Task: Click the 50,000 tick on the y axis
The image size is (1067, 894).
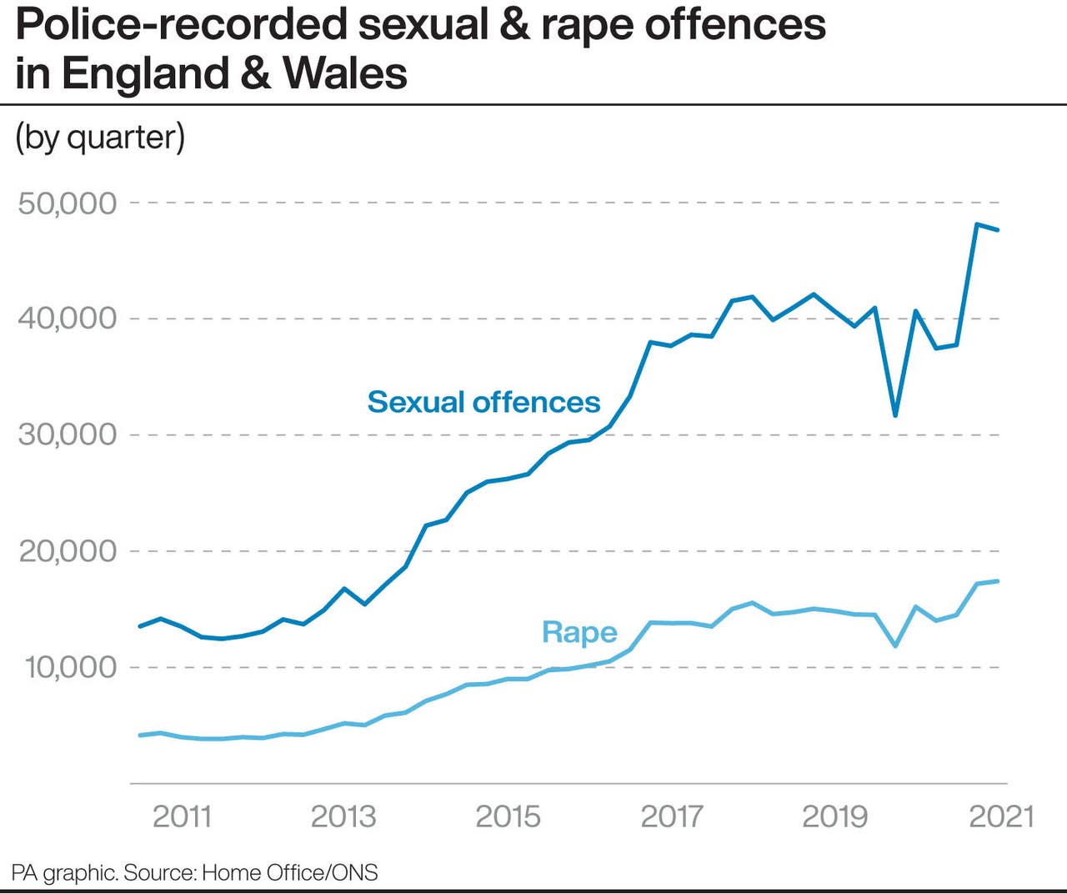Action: pyautogui.click(x=68, y=203)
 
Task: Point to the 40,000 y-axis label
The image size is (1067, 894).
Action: pyautogui.click(x=68, y=318)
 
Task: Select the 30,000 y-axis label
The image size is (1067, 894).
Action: pyautogui.click(x=68, y=434)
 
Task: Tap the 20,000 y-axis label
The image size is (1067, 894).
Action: pyautogui.click(x=68, y=550)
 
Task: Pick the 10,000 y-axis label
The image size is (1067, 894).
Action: pyautogui.click(x=70, y=666)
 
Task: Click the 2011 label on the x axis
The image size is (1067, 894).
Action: pyautogui.click(x=182, y=816)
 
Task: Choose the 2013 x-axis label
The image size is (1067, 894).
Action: pyautogui.click(x=343, y=816)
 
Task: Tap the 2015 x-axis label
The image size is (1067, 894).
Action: pyautogui.click(x=508, y=816)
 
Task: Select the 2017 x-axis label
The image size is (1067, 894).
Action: pyautogui.click(x=672, y=816)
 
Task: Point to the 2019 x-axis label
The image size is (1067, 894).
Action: pyautogui.click(x=835, y=816)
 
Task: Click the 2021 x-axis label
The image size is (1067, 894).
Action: pyautogui.click(x=1001, y=816)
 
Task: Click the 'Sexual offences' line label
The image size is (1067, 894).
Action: pyautogui.click(x=483, y=402)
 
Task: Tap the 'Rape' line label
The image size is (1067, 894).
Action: pyautogui.click(x=579, y=632)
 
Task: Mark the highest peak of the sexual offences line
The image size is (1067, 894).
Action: pyautogui.click(x=976, y=223)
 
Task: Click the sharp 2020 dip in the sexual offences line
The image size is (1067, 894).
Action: pyautogui.click(x=895, y=415)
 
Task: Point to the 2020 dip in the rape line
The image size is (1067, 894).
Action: pyautogui.click(x=895, y=645)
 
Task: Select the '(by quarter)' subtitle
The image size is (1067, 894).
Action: pyautogui.click(x=100, y=137)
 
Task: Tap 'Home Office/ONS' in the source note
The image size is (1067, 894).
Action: pyautogui.click(x=290, y=872)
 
